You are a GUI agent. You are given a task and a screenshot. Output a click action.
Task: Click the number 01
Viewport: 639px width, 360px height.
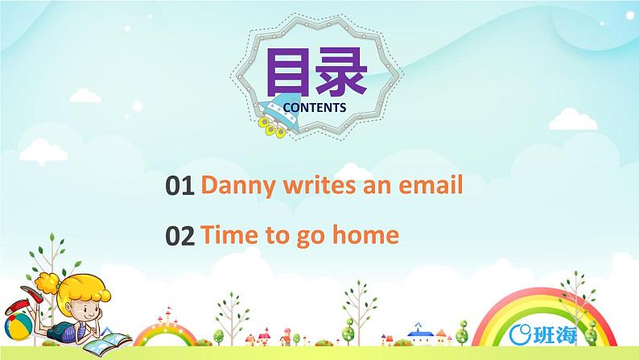point(179,187)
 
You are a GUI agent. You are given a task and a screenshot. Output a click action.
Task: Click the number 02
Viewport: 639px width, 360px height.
point(179,235)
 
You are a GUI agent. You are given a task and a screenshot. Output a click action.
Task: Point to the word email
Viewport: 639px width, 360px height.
point(431,186)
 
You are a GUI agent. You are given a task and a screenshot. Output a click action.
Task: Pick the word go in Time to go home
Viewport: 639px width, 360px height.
point(318,237)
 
